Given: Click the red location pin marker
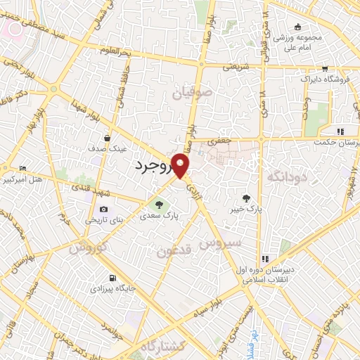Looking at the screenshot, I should [181, 166].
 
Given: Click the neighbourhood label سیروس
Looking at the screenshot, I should [220, 244].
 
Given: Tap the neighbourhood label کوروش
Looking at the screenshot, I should [88, 247].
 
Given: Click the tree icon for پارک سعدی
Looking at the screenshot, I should [159, 205].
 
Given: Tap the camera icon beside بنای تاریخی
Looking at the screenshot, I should [104, 209].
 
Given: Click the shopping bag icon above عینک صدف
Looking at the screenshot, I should [106, 138].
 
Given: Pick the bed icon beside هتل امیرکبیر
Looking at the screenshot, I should [23, 169].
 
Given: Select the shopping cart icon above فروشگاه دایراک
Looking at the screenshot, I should [325, 69].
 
